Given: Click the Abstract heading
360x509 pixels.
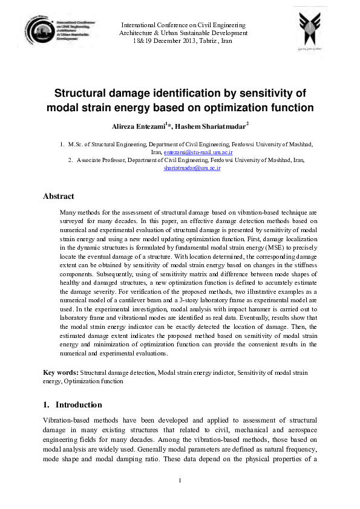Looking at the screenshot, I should pos(59,196).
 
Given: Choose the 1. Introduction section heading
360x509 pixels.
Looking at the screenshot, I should pos(73,404).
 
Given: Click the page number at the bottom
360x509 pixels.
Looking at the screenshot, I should pos(180,481).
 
